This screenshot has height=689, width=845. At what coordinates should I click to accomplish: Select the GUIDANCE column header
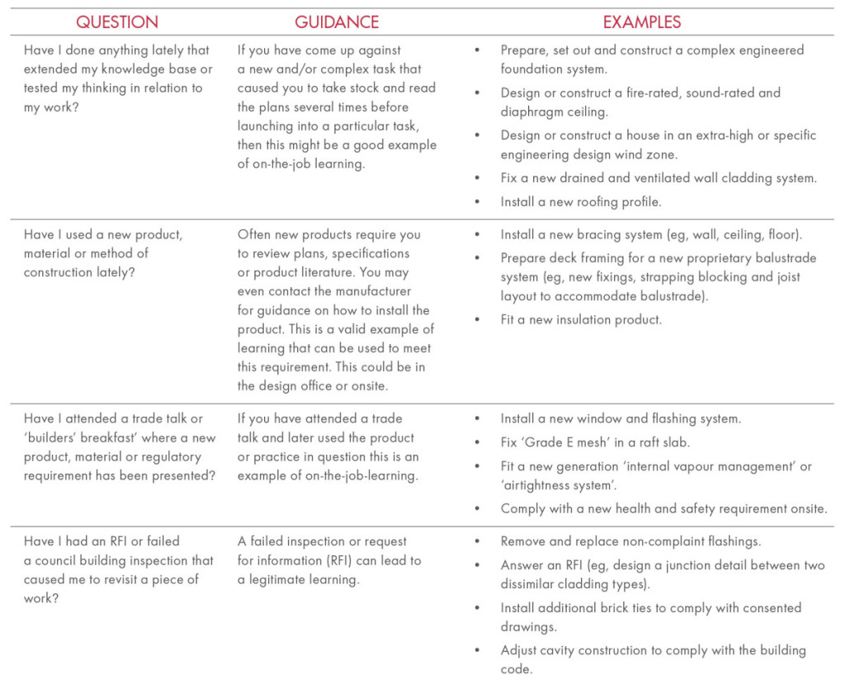point(337,22)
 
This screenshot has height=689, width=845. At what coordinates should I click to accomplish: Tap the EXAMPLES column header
point(642,22)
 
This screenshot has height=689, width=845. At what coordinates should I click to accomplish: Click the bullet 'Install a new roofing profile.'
point(580,201)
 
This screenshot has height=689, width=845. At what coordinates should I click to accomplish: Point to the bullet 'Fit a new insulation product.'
point(581,319)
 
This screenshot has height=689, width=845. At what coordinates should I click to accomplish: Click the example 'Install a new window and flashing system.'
point(621,418)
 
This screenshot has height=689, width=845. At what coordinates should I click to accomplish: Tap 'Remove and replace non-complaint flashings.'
point(630,542)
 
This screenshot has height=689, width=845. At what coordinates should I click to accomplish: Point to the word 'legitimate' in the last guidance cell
point(284,580)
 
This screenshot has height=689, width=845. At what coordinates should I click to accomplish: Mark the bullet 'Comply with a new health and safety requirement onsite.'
point(663,509)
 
